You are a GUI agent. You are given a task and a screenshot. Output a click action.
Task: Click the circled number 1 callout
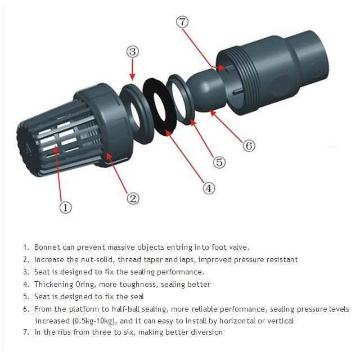[x=66, y=207]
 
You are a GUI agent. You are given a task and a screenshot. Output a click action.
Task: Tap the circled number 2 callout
[x=133, y=198]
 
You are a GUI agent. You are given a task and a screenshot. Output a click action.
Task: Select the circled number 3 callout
[x=132, y=52]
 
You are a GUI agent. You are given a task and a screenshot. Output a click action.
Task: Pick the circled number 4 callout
[x=209, y=188]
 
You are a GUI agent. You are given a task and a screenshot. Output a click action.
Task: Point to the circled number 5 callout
[x=219, y=162]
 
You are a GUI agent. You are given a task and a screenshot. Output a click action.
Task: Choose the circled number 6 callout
[x=249, y=145]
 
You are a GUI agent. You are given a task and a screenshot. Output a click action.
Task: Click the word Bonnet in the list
[x=47, y=247]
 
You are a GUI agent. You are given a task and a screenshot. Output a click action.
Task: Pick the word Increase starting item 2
[x=49, y=259]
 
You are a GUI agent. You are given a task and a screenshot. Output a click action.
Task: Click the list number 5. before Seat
[x=26, y=297]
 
